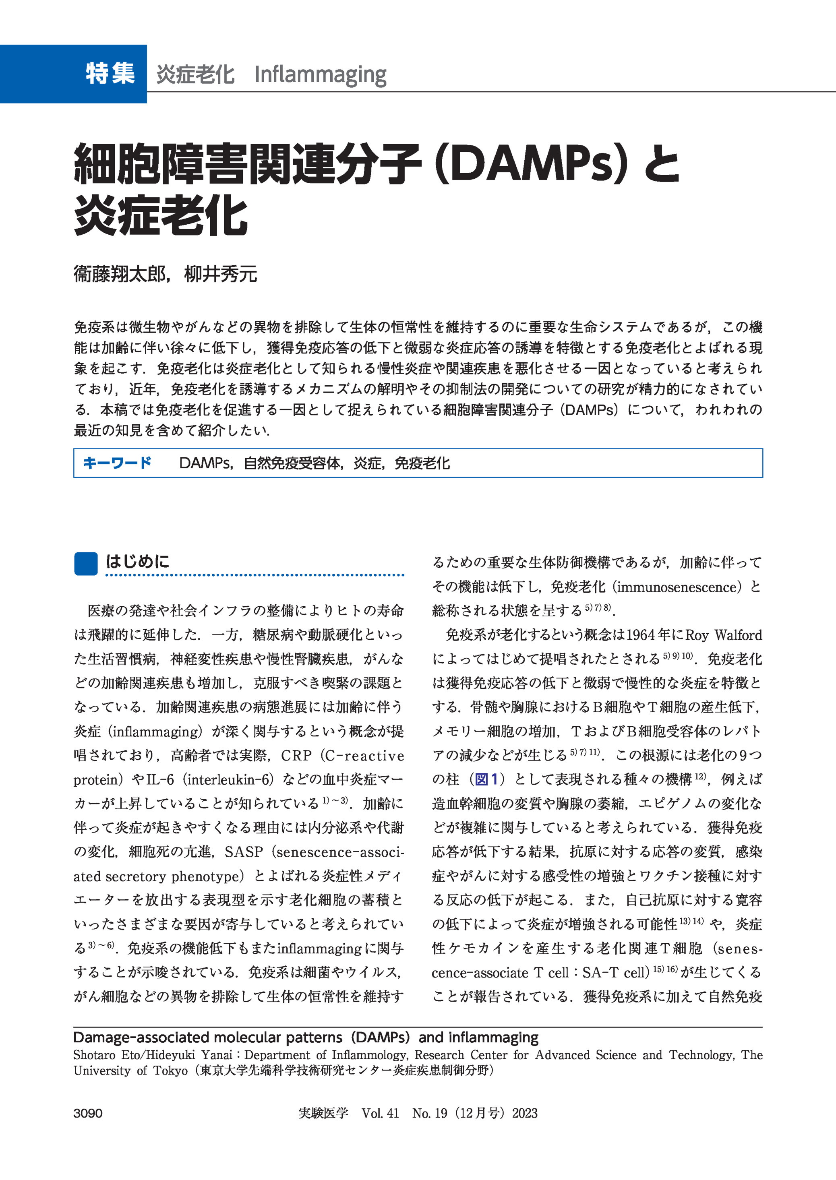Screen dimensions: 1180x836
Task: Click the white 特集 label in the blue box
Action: [x=110, y=73]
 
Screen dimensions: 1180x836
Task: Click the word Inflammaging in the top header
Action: [x=320, y=75]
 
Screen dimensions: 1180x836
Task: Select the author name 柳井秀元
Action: [x=220, y=274]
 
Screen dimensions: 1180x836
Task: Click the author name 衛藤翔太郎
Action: [x=120, y=274]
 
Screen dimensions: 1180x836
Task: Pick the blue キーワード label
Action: [x=117, y=463]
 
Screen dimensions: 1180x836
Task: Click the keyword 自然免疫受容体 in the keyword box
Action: [x=292, y=463]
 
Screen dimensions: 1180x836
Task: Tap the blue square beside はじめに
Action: [x=85, y=563]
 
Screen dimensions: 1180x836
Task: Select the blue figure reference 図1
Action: [x=486, y=779]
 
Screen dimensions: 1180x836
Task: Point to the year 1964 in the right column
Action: [x=640, y=635]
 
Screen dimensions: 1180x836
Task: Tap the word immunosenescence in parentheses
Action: [x=676, y=587]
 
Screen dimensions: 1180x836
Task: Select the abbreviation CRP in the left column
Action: [x=296, y=755]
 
